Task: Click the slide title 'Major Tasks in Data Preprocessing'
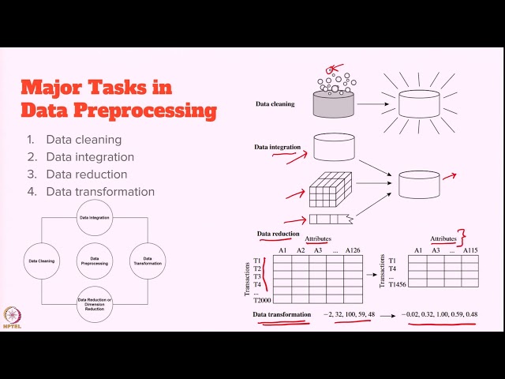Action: (x=118, y=98)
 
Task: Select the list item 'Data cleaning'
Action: (x=84, y=140)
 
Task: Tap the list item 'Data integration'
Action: (x=90, y=157)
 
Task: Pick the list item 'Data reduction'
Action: (x=86, y=174)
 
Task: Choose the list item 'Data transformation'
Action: (x=99, y=192)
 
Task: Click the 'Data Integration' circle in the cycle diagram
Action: (x=95, y=217)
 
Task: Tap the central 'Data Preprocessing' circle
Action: (x=95, y=260)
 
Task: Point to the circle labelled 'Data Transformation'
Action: (x=148, y=260)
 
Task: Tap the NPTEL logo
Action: (x=12, y=315)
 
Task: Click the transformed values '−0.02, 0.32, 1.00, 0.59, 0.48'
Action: (x=440, y=314)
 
